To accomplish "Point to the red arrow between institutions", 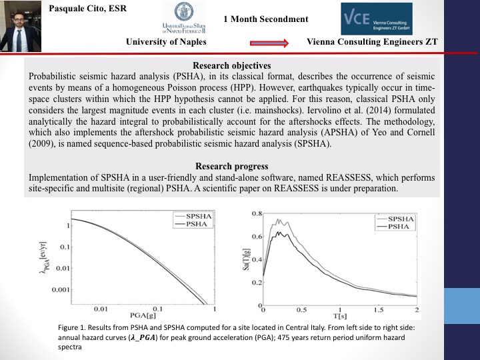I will [269, 42].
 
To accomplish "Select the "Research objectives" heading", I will [231, 65].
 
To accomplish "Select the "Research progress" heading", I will [231, 166].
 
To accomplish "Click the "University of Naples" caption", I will [166, 42].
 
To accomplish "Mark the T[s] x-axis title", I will [340, 319].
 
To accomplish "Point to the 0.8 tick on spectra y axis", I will [257, 214].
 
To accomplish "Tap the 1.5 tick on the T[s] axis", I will [379, 310].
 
